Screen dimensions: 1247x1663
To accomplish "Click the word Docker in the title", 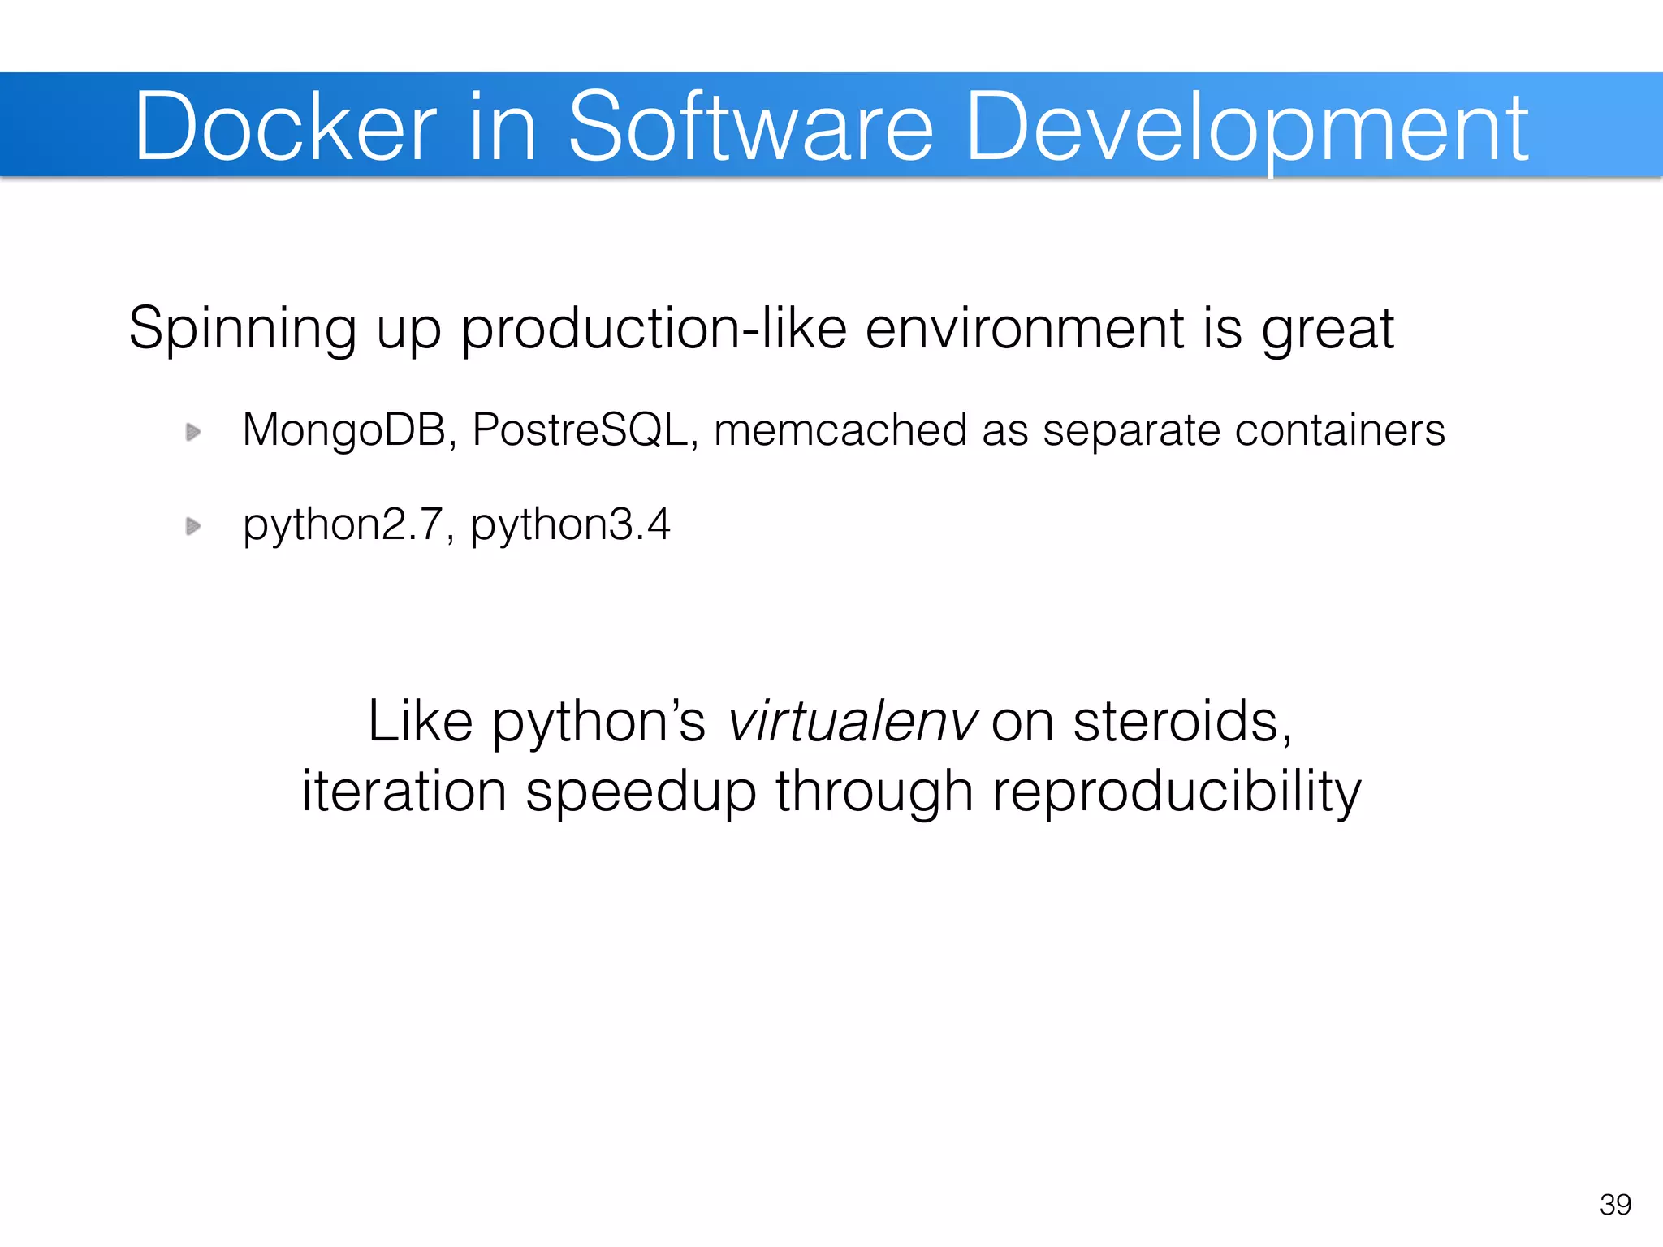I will (x=286, y=127).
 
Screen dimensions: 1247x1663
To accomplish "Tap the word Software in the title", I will (x=750, y=127).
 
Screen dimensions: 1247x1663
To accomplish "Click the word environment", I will (x=1025, y=329).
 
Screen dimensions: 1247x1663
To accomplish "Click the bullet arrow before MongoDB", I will (x=193, y=432).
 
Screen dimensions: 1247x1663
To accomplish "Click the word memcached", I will (x=840, y=430).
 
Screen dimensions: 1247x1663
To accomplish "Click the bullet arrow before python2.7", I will (x=193, y=527).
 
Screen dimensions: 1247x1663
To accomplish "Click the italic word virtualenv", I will (x=852, y=722).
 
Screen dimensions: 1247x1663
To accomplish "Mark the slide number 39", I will (x=1615, y=1205).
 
